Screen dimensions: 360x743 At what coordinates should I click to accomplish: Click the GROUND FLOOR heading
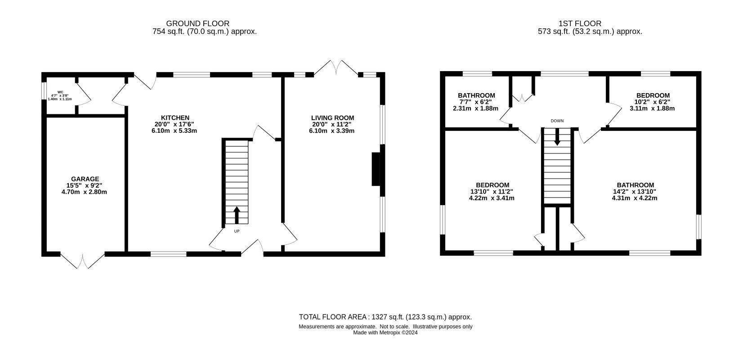pos(197,23)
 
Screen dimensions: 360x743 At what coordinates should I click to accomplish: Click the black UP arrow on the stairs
pos(237,215)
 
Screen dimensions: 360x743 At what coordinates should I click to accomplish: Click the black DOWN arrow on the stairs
pos(557,137)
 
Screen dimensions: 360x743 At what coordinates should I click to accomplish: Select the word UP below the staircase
pos(237,231)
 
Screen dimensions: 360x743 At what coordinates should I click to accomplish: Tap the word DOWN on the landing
pos(557,121)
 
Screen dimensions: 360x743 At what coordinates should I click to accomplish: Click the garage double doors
pos(83,261)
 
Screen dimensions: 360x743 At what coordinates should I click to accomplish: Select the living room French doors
pos(336,67)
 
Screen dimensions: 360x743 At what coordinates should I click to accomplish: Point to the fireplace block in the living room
pos(376,169)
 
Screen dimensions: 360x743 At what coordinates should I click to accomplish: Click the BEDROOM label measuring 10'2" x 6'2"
pos(653,95)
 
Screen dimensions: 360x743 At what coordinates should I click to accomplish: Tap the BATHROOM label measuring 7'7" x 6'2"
pos(476,95)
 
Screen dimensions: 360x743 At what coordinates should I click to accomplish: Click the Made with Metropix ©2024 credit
pos(385,333)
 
